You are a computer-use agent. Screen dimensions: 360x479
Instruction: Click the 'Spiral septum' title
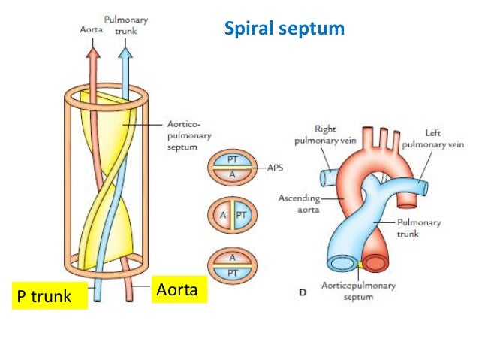click(x=285, y=29)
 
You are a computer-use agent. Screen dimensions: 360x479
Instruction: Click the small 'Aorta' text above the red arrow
click(x=92, y=29)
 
